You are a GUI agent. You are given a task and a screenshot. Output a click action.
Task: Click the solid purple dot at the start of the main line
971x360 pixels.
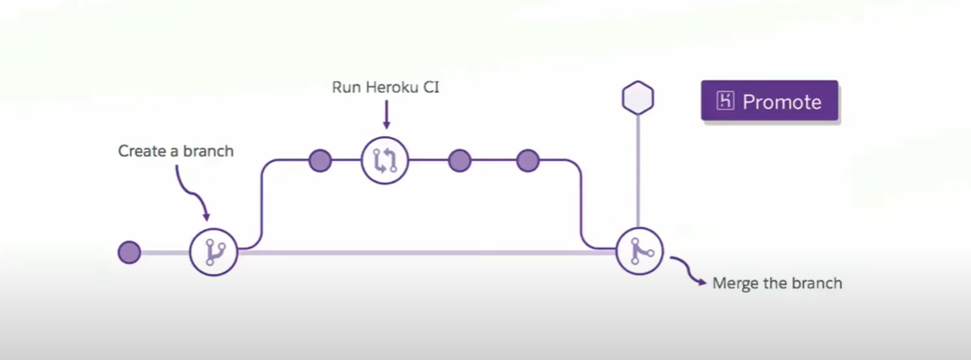129,252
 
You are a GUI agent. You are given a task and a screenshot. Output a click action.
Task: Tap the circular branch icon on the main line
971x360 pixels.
214,252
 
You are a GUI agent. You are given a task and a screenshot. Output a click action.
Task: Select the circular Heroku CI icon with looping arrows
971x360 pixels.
386,160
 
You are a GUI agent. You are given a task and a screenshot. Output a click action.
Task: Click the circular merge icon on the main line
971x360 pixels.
639,252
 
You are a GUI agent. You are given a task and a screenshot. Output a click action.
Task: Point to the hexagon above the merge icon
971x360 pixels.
638,97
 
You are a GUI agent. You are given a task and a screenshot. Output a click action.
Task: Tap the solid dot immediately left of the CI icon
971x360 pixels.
320,160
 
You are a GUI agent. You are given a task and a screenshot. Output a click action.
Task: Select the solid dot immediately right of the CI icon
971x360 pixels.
459,160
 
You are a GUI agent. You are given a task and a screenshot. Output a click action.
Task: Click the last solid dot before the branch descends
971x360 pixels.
528,160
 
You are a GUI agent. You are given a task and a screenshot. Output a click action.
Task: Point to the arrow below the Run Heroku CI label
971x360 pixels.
386,114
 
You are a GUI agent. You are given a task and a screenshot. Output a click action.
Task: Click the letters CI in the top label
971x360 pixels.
429,87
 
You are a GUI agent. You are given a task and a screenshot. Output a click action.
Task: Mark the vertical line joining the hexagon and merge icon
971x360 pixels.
638,172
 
